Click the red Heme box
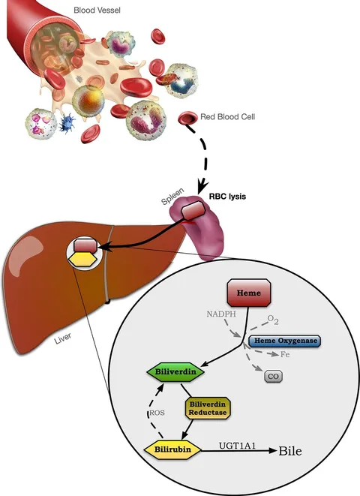click(249, 293)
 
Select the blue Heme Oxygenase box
click(285, 341)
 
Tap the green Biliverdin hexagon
click(175, 371)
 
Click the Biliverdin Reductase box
click(208, 408)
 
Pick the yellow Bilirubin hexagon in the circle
click(172, 449)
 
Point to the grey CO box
click(273, 377)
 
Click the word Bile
click(290, 451)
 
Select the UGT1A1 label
click(237, 446)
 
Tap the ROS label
click(157, 413)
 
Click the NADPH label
click(221, 314)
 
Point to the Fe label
click(285, 355)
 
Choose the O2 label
click(273, 320)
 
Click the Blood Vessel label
click(97, 10)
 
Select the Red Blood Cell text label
click(227, 117)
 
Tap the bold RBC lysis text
click(227, 197)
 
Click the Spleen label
click(172, 197)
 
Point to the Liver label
click(62, 338)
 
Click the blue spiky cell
click(67, 122)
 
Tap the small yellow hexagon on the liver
click(84, 260)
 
